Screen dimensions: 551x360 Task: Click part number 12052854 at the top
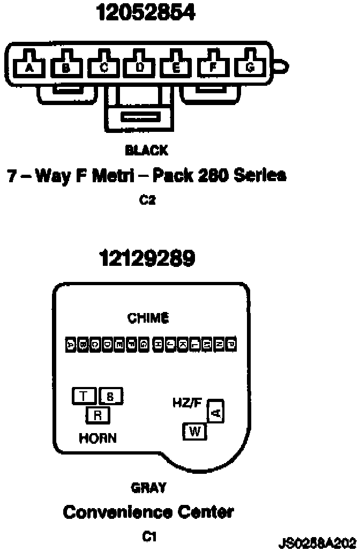coord(146,13)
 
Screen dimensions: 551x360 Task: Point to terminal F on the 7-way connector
coord(213,67)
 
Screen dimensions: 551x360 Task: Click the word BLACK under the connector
coord(146,151)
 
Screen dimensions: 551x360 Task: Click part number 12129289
coord(147,259)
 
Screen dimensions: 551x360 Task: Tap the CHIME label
coord(148,318)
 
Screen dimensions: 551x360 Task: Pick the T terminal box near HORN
coord(84,396)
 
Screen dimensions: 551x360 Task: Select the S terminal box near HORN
coord(110,397)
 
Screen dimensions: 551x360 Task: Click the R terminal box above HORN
coord(97,414)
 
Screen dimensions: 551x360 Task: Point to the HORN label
coord(97,438)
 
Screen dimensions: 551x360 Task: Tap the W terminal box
coord(194,431)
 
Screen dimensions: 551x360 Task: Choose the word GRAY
coord(148,488)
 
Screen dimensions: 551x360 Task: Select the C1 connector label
coord(148,536)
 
